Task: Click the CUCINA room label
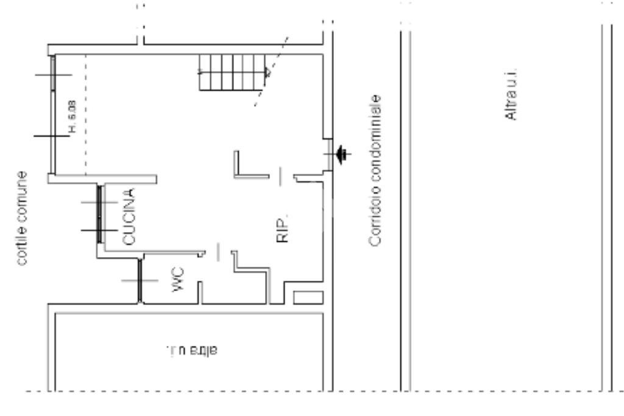(129, 217)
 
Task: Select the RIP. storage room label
(281, 228)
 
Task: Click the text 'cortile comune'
(23, 217)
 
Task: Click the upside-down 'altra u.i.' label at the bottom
(191, 351)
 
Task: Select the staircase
(232, 72)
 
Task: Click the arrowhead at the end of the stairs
(267, 72)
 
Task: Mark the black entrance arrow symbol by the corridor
(342, 154)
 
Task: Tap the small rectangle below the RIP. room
(308, 297)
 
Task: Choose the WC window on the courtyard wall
(140, 280)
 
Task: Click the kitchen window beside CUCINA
(99, 216)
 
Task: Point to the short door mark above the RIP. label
(281, 177)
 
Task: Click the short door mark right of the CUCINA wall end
(218, 252)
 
